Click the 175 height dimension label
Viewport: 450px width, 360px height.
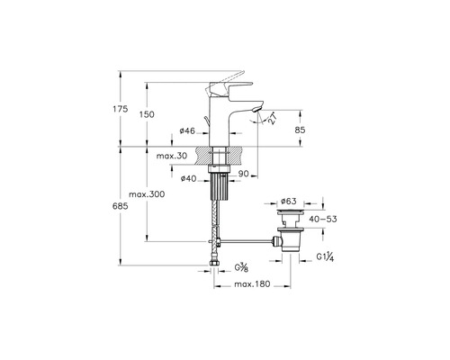tap(121, 109)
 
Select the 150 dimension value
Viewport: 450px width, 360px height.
tap(147, 114)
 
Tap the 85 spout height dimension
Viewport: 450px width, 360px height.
tap(300, 130)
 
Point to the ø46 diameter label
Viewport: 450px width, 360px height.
tap(187, 130)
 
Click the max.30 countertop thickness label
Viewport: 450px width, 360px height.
tap(172, 156)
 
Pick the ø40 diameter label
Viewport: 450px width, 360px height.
tap(188, 179)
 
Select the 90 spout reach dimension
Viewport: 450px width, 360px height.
tap(244, 174)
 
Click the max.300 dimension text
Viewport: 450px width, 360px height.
tap(147, 194)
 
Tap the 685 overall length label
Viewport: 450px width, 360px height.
tap(121, 206)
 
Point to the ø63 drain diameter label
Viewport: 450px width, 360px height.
tap(289, 201)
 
